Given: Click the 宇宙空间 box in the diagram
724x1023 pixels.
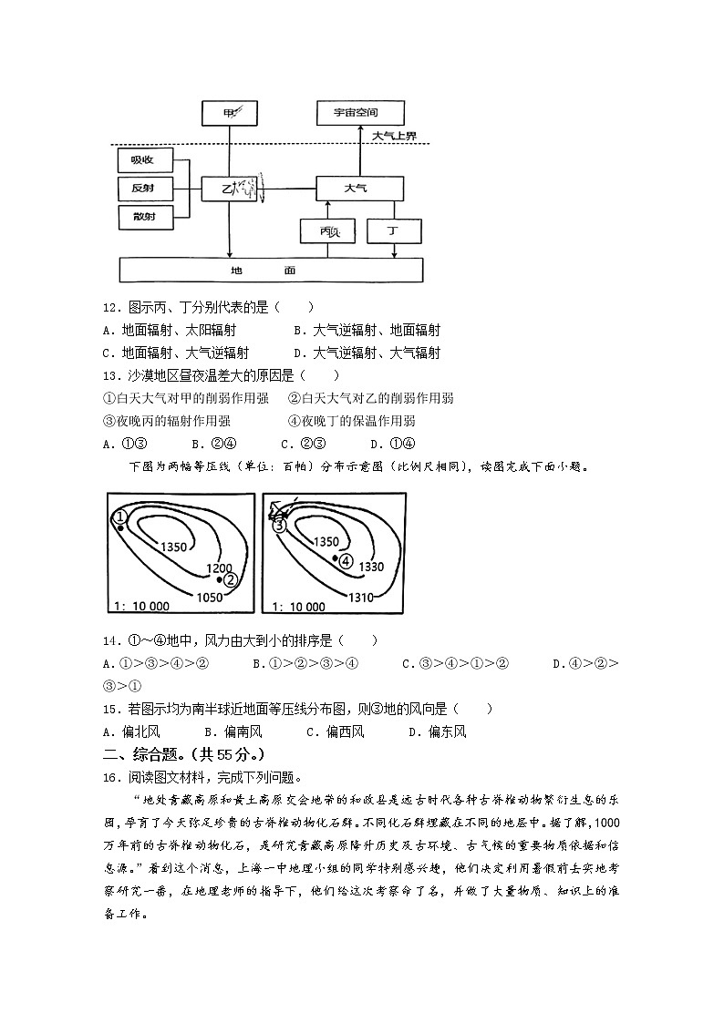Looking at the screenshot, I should (358, 113).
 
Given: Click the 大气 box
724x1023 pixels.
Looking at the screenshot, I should (358, 189).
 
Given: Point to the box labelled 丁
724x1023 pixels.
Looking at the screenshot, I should (394, 231).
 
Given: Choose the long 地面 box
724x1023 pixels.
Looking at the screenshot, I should (272, 271).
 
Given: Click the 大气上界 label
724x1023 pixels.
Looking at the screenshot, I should (394, 137).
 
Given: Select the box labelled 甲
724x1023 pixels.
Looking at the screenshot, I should (229, 113).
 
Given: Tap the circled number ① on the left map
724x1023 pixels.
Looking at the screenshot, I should (119, 517).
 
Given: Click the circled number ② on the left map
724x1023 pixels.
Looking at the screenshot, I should (230, 579).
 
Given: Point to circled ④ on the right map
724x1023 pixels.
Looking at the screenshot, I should (346, 561).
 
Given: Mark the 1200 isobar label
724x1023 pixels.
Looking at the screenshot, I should (219, 568).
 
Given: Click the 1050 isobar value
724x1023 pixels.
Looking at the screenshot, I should (210, 597).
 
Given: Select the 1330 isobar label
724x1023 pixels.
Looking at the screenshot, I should (372, 567).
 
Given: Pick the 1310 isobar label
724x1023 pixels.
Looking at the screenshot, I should (361, 597).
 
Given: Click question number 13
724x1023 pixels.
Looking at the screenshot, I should (112, 375).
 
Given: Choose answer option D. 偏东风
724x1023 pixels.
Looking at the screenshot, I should (437, 731).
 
